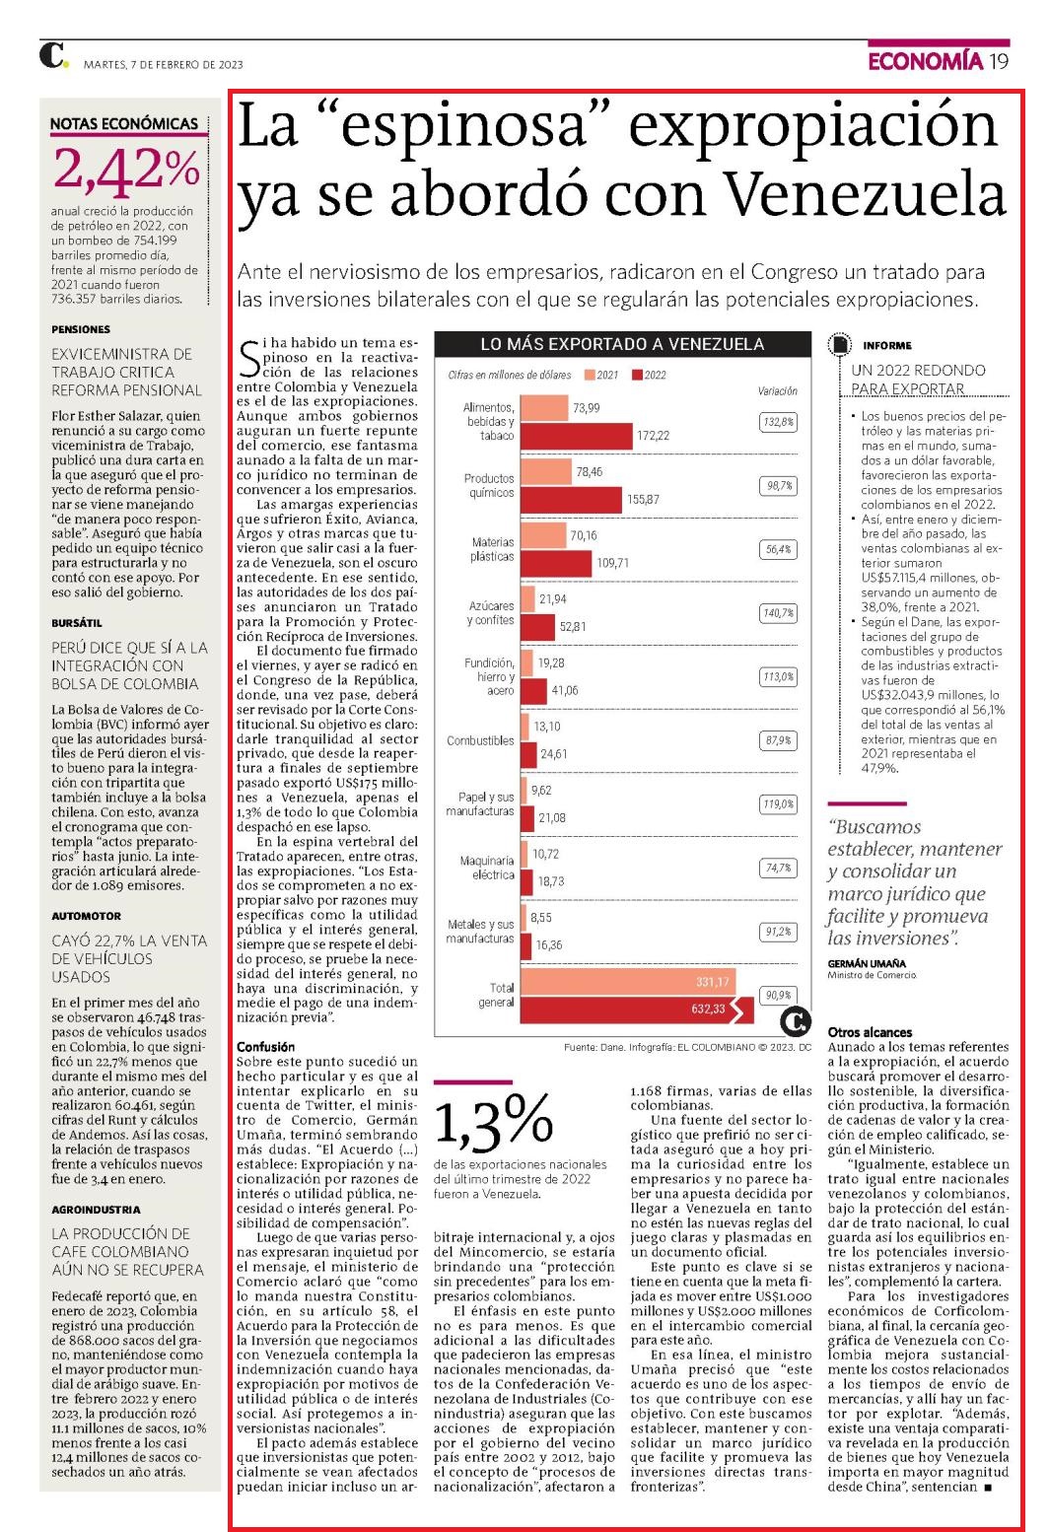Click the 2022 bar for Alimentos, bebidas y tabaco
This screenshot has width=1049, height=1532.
click(x=576, y=436)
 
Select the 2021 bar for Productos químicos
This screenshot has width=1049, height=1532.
click(x=546, y=471)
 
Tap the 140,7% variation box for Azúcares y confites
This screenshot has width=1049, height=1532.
click(x=778, y=613)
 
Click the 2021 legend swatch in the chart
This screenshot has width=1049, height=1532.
click(x=590, y=375)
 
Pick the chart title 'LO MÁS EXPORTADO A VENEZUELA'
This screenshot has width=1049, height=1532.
click(x=622, y=344)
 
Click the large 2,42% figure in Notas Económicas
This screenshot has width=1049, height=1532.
click(x=127, y=169)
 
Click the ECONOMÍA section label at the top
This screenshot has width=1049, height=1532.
click(x=925, y=61)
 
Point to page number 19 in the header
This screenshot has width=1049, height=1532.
click(x=999, y=61)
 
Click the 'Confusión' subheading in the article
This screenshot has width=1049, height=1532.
click(x=266, y=1046)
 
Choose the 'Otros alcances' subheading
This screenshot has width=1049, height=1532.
click(x=870, y=1032)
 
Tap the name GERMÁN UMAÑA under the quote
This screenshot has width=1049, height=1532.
click(x=867, y=963)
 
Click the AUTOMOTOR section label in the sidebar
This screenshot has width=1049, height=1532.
click(x=86, y=916)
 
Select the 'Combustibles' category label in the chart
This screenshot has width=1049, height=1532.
click(x=480, y=740)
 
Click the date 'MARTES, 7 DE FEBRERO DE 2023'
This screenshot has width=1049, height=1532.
click(x=163, y=65)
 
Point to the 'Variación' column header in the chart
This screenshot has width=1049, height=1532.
click(x=778, y=391)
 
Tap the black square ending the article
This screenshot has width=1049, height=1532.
click(x=988, y=1488)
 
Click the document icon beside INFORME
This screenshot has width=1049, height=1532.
click(x=839, y=345)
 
